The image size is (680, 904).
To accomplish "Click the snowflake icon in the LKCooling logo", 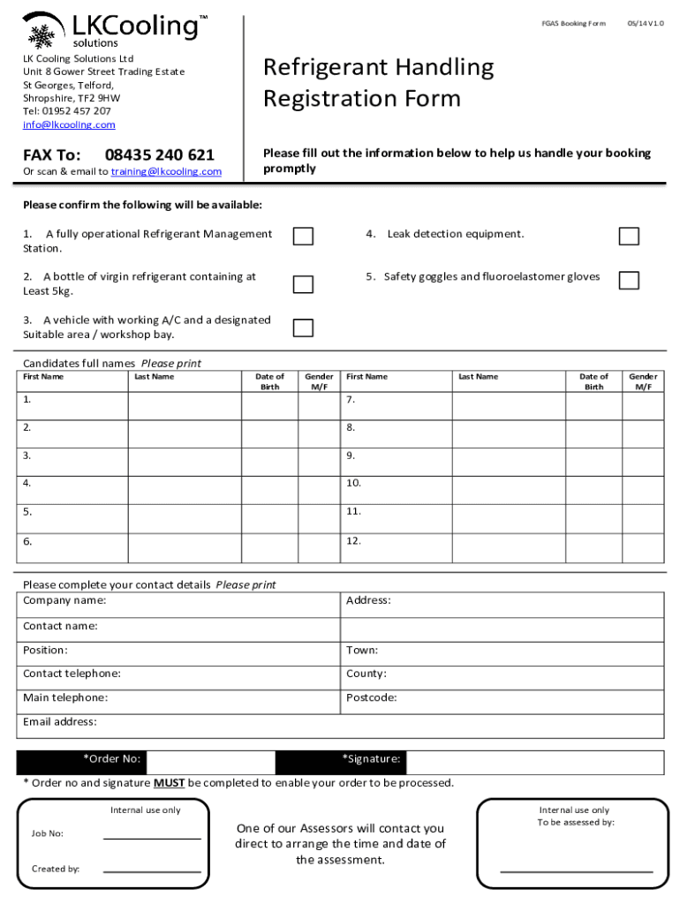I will [x=41, y=36].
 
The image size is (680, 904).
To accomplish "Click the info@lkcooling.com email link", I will [x=69, y=125].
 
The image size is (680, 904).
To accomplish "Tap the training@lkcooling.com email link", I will [x=166, y=171].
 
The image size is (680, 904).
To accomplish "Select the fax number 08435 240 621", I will [x=159, y=155].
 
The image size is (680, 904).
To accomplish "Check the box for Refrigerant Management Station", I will [x=303, y=236].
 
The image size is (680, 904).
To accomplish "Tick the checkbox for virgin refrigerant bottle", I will [x=303, y=283].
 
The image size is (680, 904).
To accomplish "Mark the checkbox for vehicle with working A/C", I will [x=303, y=328].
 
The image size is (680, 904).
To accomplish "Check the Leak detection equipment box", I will [x=629, y=236].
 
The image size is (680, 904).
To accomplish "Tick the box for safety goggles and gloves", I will [x=629, y=280].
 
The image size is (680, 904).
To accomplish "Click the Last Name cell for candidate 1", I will [x=185, y=405].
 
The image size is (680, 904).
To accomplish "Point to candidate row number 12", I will [x=353, y=541].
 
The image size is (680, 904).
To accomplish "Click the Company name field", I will [x=221, y=605].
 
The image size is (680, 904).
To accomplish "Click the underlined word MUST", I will [x=170, y=783].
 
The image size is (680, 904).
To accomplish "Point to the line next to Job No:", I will [x=152, y=838].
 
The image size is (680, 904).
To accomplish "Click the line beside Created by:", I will [x=152, y=871].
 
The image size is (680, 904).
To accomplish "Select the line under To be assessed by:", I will [x=577, y=870].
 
